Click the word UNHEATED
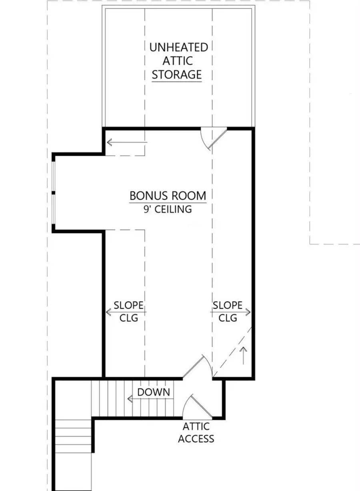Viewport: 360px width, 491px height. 178,47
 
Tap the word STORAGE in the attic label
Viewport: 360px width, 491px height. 176,74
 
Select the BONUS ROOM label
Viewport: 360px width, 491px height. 168,196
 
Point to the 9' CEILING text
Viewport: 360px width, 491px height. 168,209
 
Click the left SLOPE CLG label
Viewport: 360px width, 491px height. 128,312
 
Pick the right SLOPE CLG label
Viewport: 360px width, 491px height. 227,312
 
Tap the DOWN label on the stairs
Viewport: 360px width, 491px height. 154,392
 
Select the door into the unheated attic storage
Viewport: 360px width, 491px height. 212,138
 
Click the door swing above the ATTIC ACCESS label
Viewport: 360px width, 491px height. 196,406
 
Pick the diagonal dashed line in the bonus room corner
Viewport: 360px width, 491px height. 232,352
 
